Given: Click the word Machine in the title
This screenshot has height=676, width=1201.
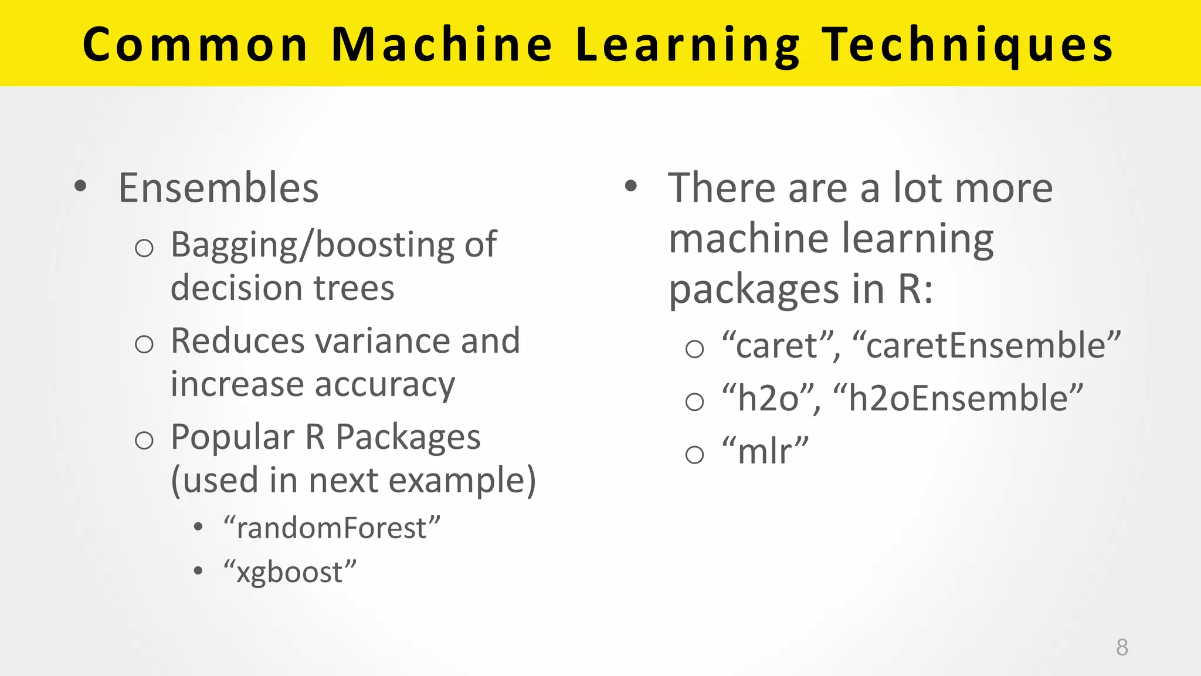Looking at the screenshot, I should [x=442, y=45].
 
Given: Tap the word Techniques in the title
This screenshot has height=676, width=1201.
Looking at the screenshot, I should [x=967, y=45].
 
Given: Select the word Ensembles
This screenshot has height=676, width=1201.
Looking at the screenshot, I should [x=218, y=188].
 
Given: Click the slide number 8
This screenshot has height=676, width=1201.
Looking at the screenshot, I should [x=1122, y=647].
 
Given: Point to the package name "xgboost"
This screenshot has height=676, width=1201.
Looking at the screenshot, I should [x=290, y=572].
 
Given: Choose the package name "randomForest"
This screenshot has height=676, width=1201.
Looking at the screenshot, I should [x=331, y=528].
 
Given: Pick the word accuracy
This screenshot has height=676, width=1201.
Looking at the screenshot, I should [x=385, y=385].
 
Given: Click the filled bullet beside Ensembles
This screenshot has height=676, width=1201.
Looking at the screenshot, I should [x=80, y=187].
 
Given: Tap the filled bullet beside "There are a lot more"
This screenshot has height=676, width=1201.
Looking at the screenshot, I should [x=630, y=187].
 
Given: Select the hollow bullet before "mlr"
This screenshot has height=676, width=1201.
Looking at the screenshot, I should [x=694, y=454].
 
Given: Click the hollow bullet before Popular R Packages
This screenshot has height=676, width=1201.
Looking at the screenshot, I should [x=144, y=440].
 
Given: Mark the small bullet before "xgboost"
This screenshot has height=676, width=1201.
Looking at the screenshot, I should [x=198, y=570].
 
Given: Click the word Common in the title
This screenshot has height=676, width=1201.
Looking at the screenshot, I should [x=195, y=45].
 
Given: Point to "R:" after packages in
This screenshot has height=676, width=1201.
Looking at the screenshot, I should [x=915, y=289].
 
